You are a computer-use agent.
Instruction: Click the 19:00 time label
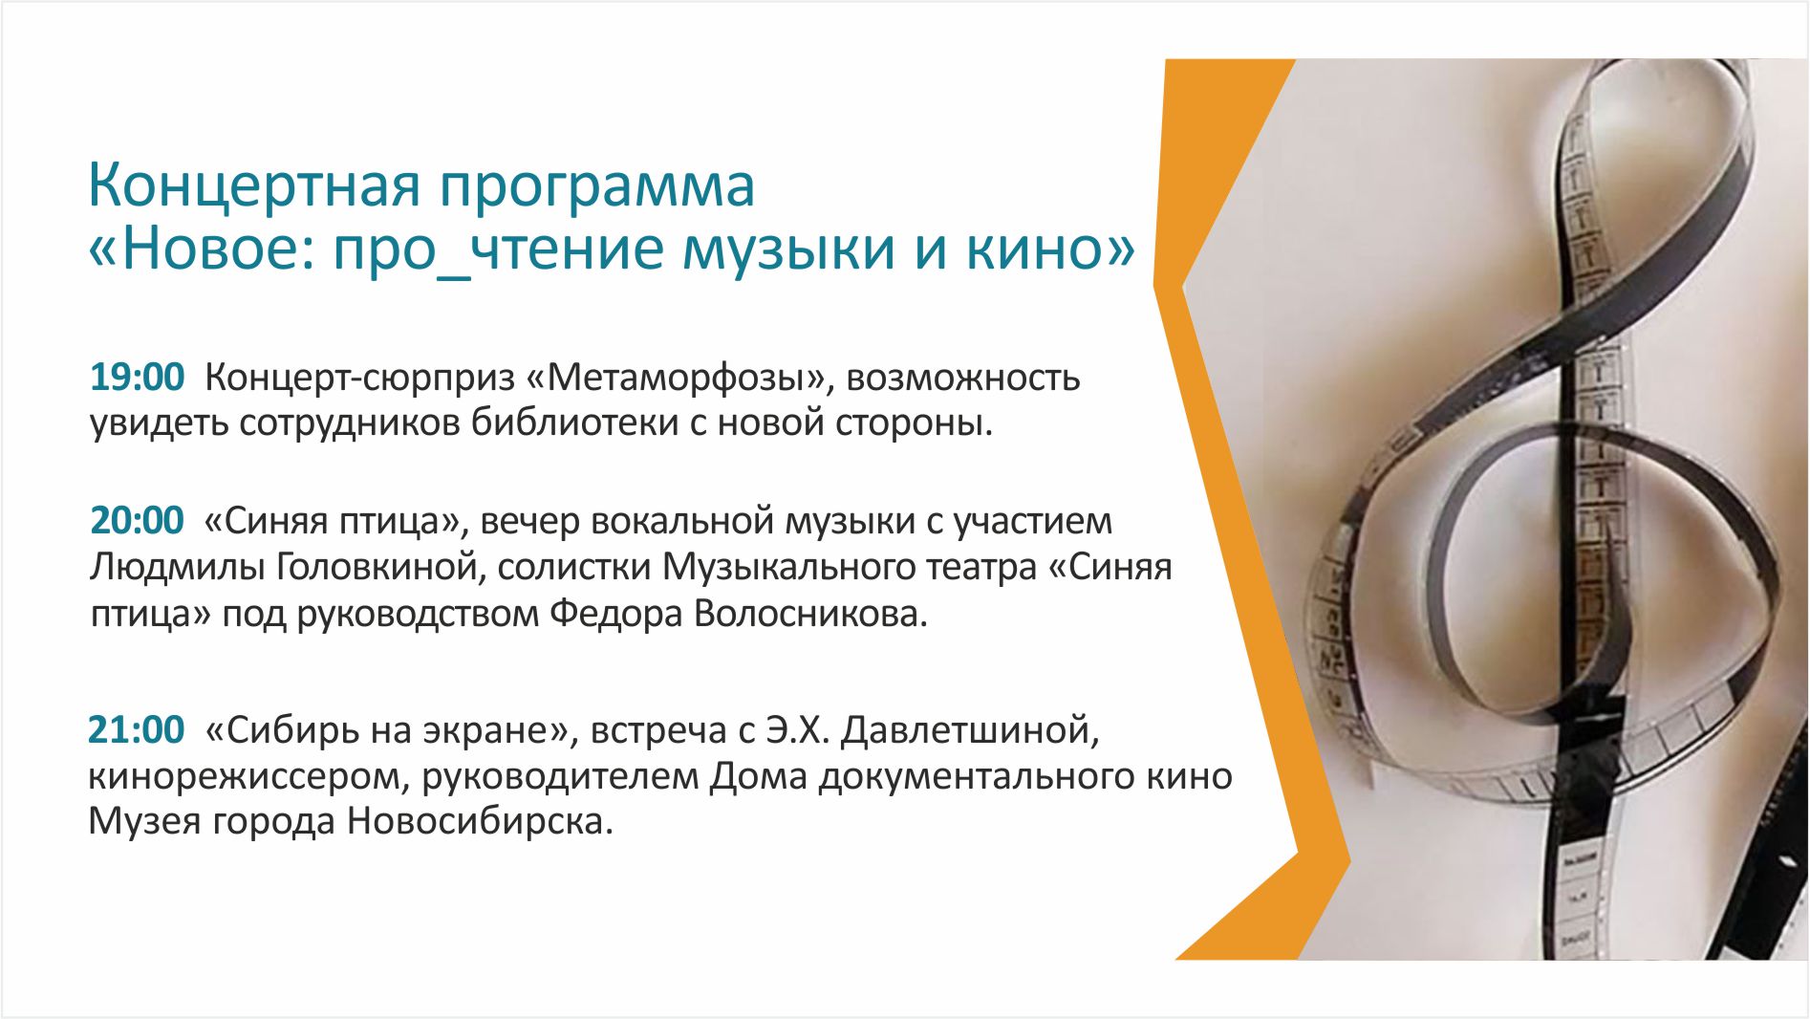coord(137,378)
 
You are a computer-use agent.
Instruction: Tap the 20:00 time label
coord(137,521)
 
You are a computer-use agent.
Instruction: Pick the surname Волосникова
coord(811,614)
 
